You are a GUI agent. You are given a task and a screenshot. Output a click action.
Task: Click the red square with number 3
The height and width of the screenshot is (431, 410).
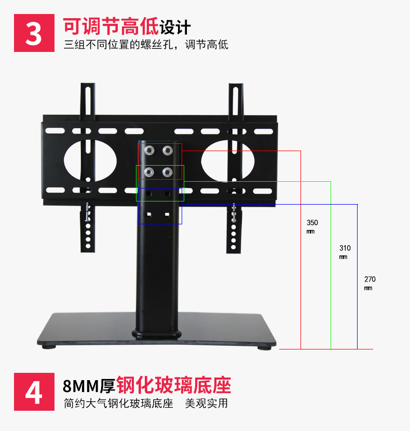34,33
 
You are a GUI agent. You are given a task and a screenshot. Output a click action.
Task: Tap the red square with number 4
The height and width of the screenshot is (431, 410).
34,393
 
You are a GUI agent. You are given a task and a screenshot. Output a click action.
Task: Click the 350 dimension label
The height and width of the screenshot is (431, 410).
312,223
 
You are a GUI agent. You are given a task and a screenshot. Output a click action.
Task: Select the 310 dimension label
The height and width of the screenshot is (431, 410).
345,248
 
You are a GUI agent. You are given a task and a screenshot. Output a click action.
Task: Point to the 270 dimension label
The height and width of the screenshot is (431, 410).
370,279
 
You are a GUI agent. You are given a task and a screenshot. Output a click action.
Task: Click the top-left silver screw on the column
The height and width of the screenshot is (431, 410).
149,151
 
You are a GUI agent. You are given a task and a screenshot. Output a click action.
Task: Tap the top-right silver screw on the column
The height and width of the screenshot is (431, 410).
167,151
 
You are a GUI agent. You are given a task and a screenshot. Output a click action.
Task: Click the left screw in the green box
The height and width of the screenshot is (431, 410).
149,172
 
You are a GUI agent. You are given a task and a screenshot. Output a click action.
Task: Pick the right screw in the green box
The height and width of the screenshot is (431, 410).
167,172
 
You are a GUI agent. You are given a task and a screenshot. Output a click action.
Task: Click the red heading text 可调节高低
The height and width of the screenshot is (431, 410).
111,26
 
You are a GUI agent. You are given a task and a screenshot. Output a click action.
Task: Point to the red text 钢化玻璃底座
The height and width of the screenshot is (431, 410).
174,386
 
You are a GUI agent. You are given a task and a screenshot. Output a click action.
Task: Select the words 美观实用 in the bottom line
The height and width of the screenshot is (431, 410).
206,403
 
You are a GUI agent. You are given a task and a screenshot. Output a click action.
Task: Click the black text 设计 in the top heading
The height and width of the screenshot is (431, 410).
175,26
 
